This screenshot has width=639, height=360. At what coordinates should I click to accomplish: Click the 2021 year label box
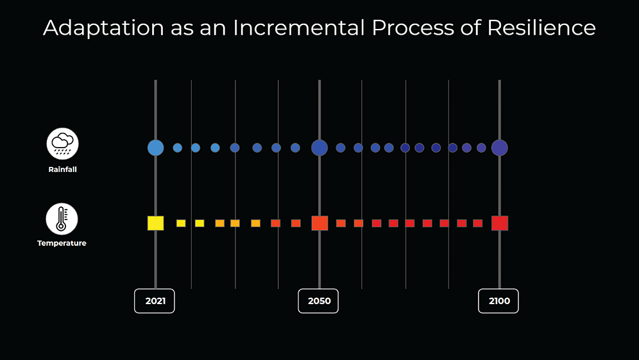(x=154, y=301)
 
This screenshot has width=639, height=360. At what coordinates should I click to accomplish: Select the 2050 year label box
(x=318, y=301)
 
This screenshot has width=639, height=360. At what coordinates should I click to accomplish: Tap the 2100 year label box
(x=498, y=301)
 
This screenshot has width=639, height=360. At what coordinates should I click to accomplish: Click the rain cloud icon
(x=62, y=144)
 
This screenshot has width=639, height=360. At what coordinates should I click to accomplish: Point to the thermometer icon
(x=62, y=219)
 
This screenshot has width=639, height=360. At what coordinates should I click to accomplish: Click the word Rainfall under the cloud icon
(x=62, y=170)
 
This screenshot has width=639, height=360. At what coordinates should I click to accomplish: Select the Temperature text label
(x=62, y=244)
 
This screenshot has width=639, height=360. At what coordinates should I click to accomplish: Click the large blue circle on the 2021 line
(x=155, y=148)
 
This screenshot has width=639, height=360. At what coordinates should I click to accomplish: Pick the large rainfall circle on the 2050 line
(x=319, y=148)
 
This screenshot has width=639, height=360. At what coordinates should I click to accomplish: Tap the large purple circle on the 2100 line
(x=499, y=148)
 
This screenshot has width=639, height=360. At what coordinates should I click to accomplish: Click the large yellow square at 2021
(x=155, y=223)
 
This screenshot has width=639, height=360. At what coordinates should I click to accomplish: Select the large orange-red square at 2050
(x=319, y=223)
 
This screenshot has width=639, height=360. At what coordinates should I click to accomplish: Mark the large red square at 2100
(x=500, y=223)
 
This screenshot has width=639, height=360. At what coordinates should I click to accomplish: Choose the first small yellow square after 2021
(x=181, y=223)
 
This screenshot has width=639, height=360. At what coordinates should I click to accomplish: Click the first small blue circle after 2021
(x=178, y=148)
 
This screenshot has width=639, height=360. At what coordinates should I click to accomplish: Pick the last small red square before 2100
(x=478, y=223)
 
